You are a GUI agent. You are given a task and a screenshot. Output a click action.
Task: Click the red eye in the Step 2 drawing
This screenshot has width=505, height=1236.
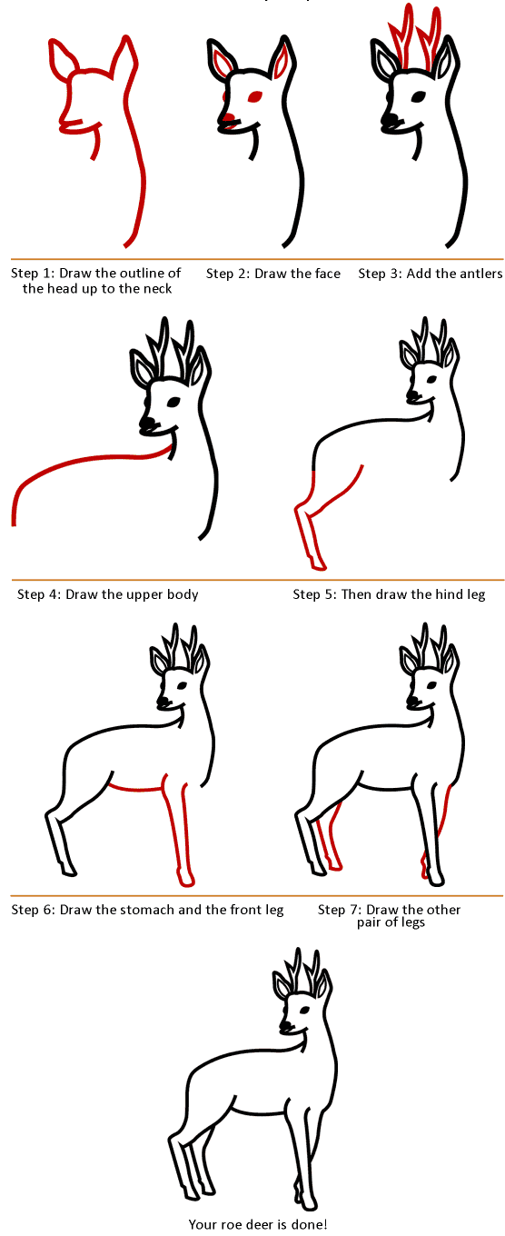click(x=255, y=96)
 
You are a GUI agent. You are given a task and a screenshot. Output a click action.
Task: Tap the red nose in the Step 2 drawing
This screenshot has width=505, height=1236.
click(x=229, y=117)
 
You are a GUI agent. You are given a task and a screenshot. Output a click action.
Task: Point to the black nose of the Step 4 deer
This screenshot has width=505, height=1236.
click(x=148, y=424)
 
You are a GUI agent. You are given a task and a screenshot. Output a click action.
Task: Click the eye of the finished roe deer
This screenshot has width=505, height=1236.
click(x=302, y=1008)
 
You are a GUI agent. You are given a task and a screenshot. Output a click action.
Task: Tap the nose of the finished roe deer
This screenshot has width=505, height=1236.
click(x=285, y=1026)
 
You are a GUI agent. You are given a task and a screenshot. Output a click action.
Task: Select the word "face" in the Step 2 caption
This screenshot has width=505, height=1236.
click(x=328, y=274)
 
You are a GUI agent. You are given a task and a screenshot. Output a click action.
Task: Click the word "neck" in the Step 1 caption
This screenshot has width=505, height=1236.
click(x=157, y=289)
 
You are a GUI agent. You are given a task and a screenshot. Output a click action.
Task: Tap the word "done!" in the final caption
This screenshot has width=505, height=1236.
click(x=310, y=1225)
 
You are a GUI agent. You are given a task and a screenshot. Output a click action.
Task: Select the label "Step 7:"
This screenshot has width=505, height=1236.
click(x=340, y=910)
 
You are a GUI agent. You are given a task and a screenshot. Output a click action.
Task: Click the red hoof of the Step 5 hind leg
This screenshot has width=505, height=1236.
click(x=319, y=564)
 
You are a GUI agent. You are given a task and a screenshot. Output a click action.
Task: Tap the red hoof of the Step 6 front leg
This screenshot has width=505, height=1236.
click(x=187, y=880)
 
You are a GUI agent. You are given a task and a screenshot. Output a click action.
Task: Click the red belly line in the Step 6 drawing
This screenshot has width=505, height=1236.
click(x=138, y=788)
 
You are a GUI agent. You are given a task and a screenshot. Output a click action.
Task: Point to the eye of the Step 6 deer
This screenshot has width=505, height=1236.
click(x=182, y=686)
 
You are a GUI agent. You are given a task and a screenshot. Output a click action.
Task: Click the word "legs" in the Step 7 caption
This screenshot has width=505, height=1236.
click(x=413, y=922)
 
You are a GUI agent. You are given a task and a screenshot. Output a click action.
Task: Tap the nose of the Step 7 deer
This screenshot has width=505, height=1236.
click(x=412, y=702)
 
